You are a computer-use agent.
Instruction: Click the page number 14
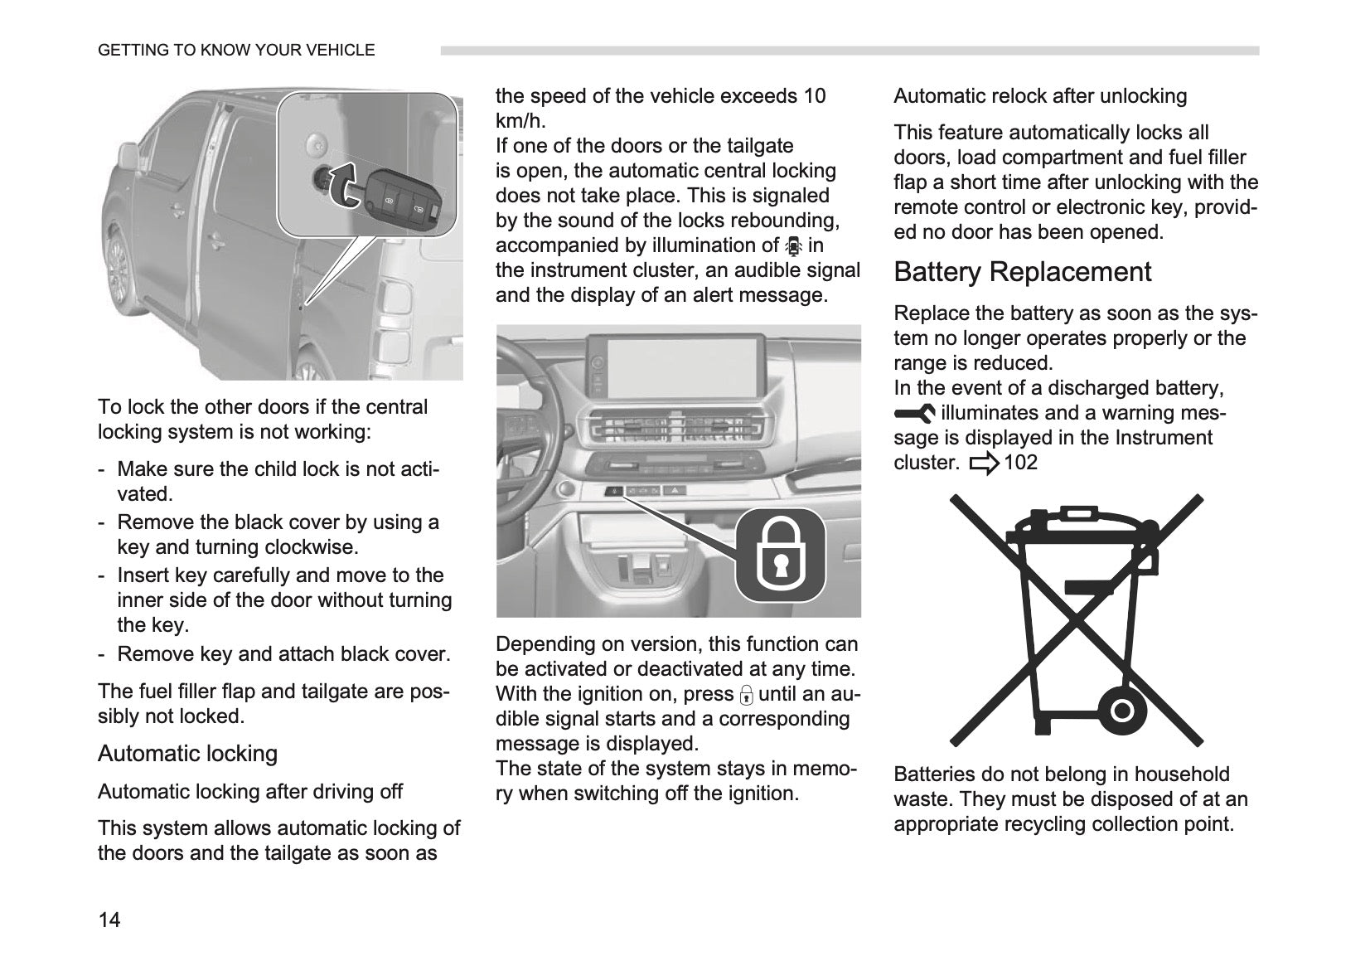tap(109, 920)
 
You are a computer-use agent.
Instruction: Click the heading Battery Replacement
tap(1022, 272)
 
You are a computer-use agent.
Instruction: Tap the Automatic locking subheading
tap(188, 754)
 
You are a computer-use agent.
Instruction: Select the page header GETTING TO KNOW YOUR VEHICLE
tap(236, 51)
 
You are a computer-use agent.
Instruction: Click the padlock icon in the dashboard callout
tap(780, 555)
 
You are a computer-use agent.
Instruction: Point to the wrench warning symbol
tap(914, 414)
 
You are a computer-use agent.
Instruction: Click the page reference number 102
tap(1021, 462)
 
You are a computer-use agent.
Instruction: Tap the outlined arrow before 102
tap(984, 464)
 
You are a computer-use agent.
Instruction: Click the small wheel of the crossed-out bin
tap(1121, 711)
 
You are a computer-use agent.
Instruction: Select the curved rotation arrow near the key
tap(344, 185)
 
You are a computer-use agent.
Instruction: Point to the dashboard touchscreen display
tap(678, 367)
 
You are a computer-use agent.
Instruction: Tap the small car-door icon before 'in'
tap(793, 246)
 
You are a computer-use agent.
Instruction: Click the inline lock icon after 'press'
tap(746, 695)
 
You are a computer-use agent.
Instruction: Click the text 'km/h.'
tap(520, 121)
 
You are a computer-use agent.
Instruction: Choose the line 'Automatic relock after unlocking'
tap(1040, 97)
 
